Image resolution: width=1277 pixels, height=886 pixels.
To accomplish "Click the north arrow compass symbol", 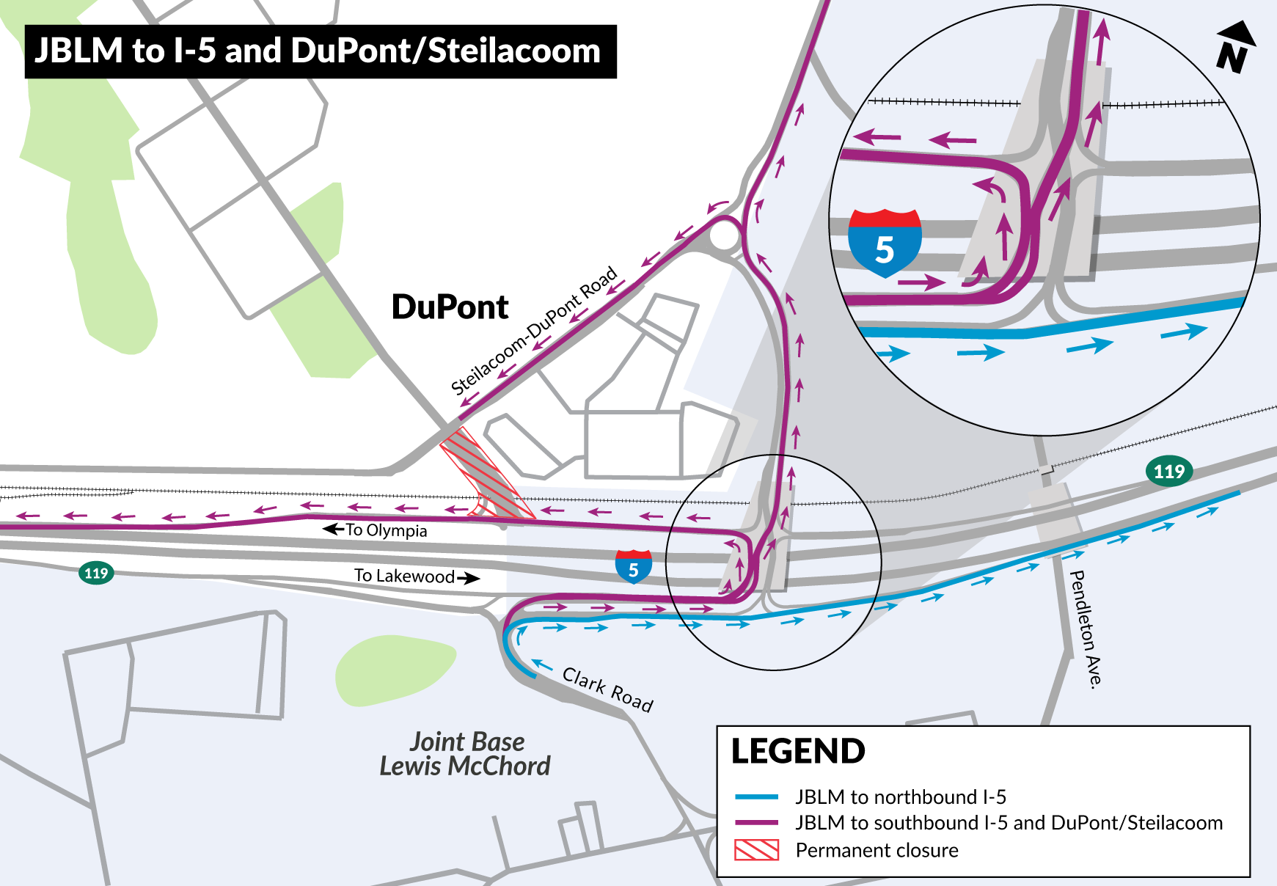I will click(x=1235, y=48).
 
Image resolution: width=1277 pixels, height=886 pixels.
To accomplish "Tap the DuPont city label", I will click(x=450, y=307).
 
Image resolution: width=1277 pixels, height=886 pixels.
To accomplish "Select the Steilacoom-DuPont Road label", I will click(x=534, y=332).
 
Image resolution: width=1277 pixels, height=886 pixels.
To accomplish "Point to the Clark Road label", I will click(x=607, y=689).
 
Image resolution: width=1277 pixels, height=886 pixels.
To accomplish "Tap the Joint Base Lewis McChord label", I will click(x=466, y=754).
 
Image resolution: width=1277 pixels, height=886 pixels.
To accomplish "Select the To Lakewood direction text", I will click(x=405, y=576).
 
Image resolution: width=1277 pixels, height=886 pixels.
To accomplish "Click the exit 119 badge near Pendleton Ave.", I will click(x=1169, y=471).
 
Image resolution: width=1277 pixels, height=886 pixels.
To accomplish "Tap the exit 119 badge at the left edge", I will click(x=96, y=573).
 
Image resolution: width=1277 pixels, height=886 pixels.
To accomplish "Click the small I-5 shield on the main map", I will click(x=634, y=567).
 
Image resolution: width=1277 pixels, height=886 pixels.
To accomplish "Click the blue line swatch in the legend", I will click(x=756, y=797).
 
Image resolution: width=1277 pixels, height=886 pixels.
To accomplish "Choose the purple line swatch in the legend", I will click(x=756, y=823).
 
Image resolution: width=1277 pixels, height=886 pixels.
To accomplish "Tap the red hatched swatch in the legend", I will click(x=756, y=850).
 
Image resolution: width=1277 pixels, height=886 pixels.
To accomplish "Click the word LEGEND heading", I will click(x=798, y=752).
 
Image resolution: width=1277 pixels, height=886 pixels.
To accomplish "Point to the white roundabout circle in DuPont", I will click(x=724, y=236).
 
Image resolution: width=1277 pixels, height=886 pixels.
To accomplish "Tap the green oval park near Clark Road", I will click(x=395, y=670).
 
